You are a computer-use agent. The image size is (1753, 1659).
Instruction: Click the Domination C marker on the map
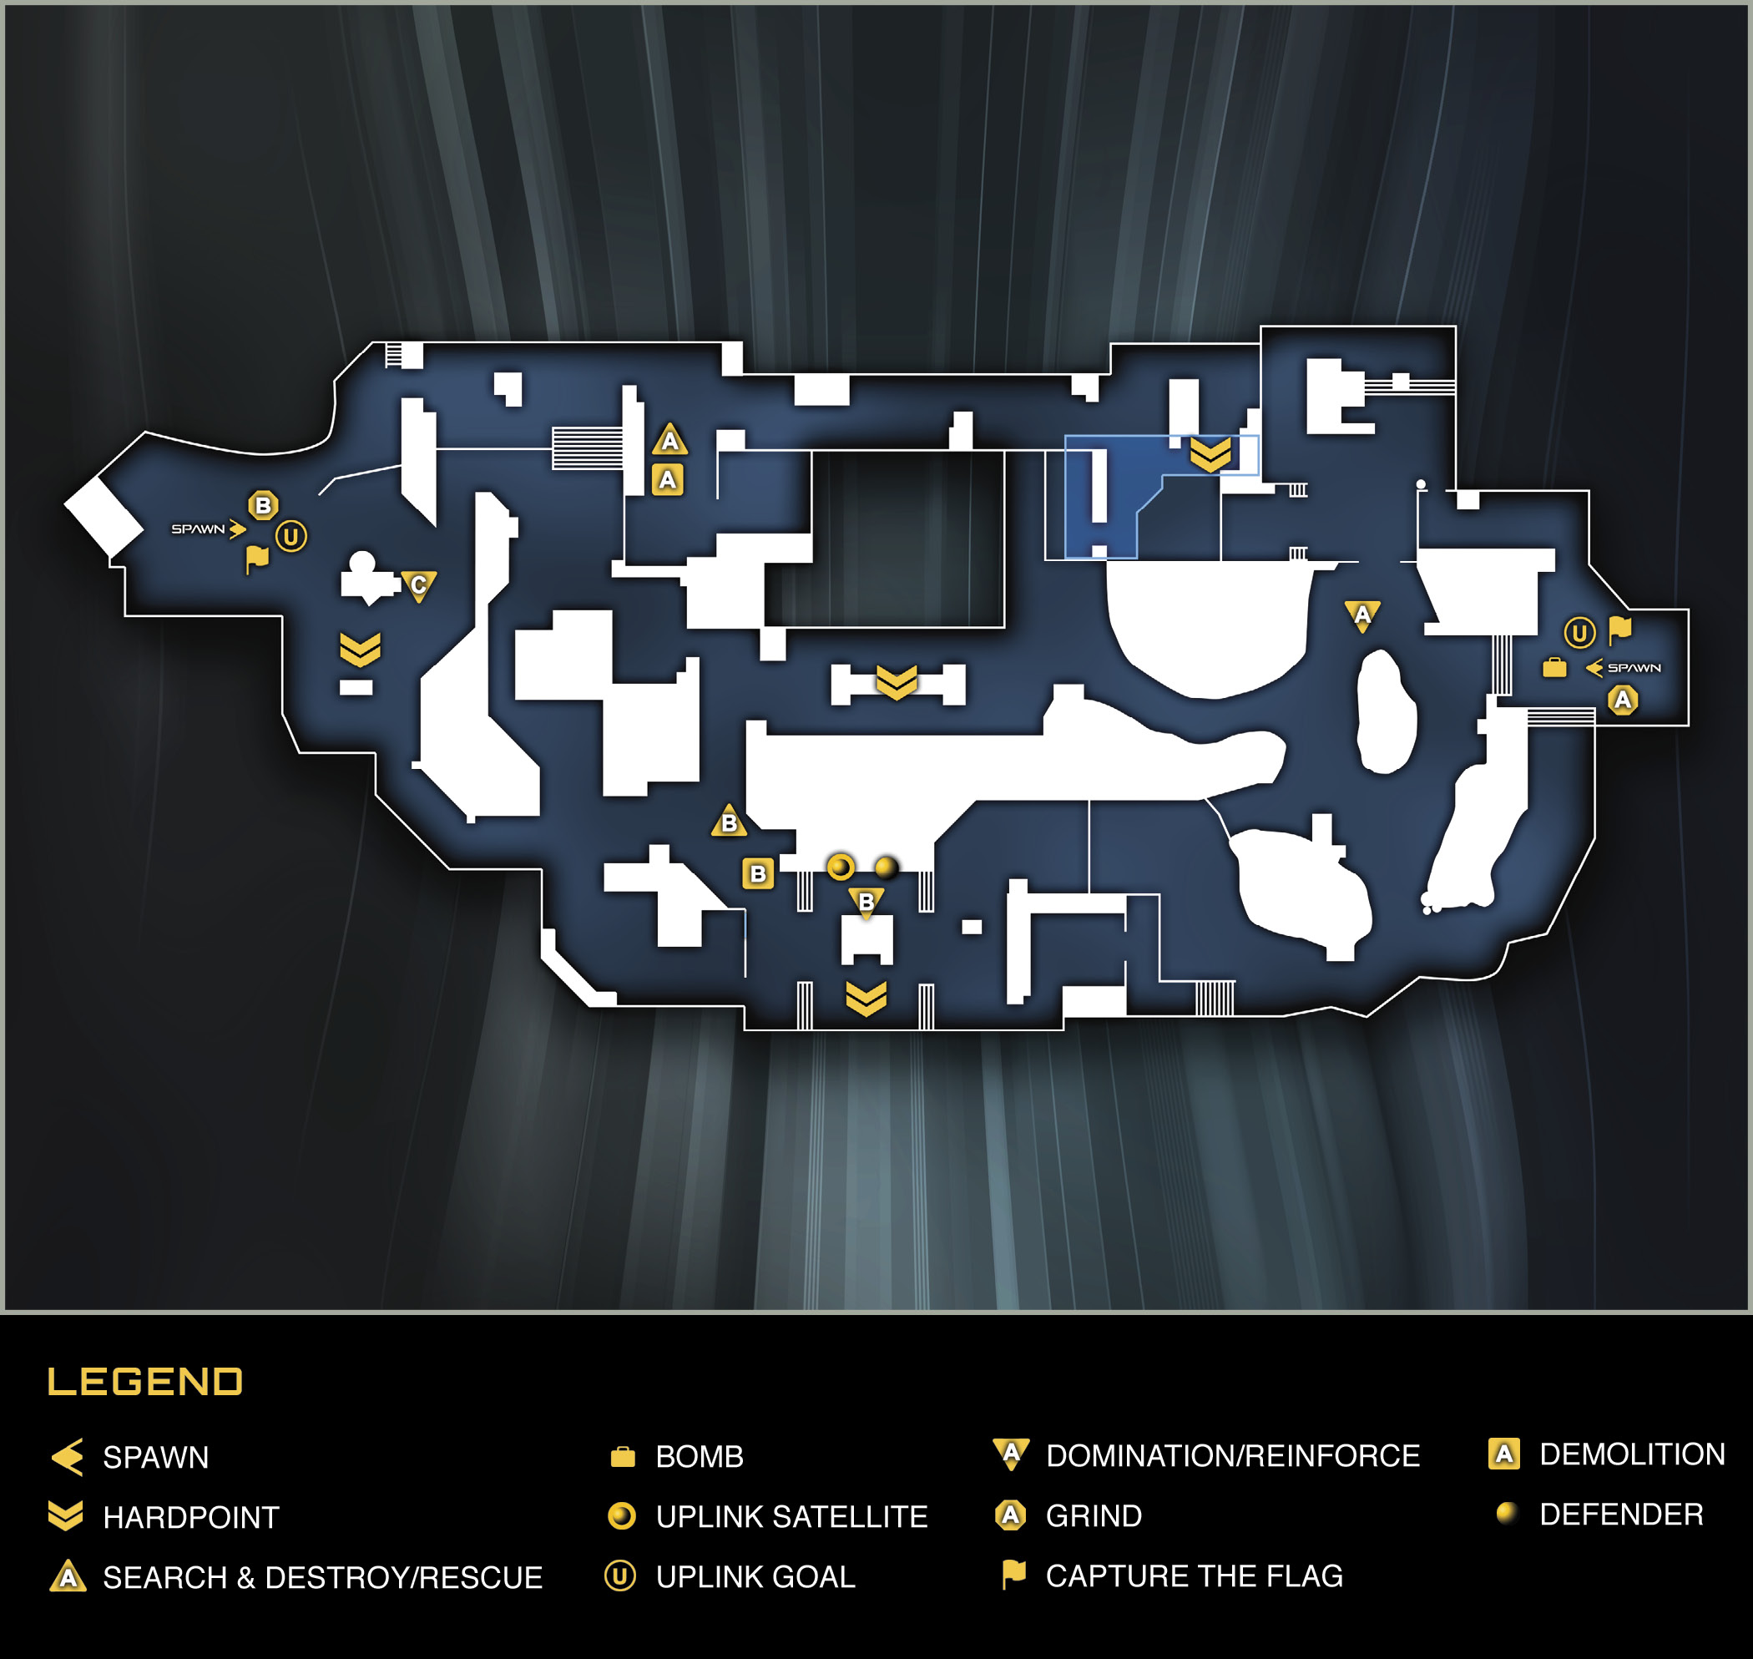tap(418, 585)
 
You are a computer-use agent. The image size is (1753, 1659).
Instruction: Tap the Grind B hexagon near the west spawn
tap(263, 506)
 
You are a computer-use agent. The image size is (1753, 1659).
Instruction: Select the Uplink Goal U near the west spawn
tap(290, 536)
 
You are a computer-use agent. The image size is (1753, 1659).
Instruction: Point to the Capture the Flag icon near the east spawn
tap(1619, 630)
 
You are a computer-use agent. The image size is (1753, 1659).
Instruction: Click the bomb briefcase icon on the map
tap(1554, 668)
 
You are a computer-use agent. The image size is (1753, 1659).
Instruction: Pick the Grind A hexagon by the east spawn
tap(1622, 701)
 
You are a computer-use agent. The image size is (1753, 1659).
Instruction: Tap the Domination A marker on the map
tap(1362, 615)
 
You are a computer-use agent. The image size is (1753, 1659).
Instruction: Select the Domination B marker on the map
tap(866, 903)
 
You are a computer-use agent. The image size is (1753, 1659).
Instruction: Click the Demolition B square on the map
tap(758, 873)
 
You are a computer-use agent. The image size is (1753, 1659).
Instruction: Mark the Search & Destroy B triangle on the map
tap(730, 822)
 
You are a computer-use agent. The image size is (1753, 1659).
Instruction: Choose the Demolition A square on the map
tap(668, 480)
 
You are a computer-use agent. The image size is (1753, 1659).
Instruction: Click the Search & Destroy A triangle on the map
tap(670, 439)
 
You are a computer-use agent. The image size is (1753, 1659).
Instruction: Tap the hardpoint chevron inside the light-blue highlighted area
tap(1210, 455)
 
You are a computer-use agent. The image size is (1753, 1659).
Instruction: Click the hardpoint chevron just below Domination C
tap(360, 650)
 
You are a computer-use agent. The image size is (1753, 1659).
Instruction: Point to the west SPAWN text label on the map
tap(198, 529)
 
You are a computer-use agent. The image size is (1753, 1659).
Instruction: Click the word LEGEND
tap(145, 1381)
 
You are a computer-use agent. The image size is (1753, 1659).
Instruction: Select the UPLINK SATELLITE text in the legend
tap(791, 1516)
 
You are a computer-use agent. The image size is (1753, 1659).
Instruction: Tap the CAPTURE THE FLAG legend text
tap(1194, 1576)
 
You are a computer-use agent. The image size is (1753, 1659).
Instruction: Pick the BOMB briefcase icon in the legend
tap(623, 1456)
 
